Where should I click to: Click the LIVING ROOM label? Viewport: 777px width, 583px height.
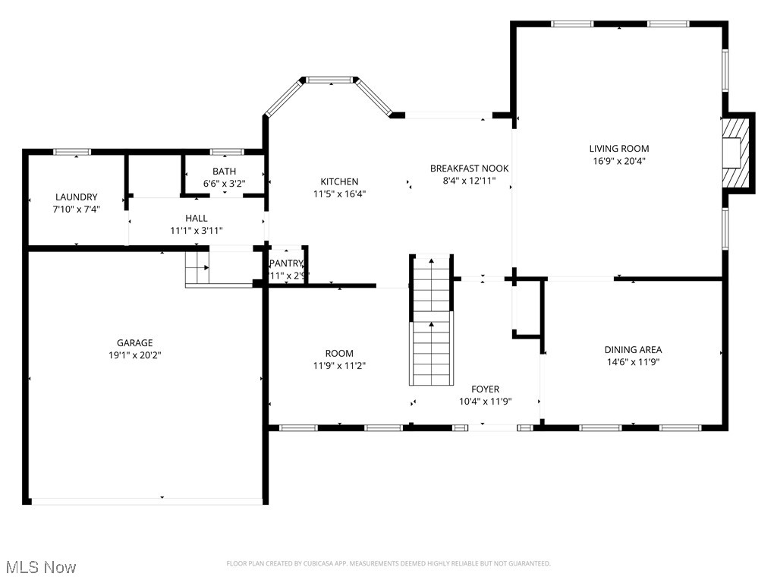(619, 149)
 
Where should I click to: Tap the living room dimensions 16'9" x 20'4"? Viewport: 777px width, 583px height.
(619, 161)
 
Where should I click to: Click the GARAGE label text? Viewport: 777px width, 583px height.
(134, 343)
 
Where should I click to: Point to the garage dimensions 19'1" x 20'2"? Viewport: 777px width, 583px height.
(134, 355)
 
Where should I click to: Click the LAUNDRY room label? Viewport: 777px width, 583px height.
(77, 197)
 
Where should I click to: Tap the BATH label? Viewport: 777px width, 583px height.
(224, 172)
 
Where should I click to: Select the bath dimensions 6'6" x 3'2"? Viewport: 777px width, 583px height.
(224, 184)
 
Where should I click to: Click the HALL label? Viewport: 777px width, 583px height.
(197, 219)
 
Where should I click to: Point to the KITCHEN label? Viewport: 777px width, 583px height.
(339, 181)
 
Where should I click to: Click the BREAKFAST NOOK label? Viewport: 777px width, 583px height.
(469, 169)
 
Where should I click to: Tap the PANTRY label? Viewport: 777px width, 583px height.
(286, 263)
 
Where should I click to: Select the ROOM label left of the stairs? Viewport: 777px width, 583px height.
(339, 354)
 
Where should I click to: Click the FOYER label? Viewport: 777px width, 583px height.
(485, 389)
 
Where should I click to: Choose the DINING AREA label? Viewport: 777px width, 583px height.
(633, 350)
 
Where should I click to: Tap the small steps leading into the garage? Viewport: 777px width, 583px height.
(197, 267)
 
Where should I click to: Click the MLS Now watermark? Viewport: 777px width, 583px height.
(40, 567)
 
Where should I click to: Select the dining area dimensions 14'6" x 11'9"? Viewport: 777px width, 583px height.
(633, 362)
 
